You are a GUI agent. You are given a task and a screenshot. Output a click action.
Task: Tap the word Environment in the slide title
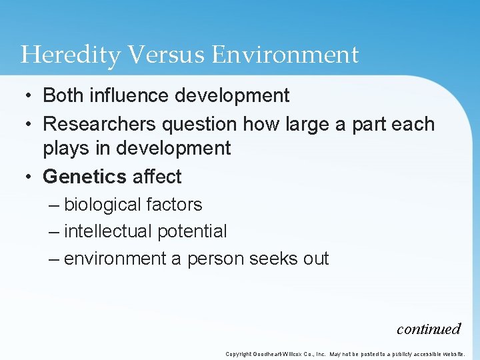coord(285,55)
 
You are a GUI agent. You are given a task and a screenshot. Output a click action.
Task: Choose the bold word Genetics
coord(85,177)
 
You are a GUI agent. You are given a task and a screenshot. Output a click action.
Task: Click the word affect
coord(157,177)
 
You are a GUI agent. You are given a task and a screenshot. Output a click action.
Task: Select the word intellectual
coord(109,231)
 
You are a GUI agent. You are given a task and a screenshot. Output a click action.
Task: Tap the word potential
coord(192,231)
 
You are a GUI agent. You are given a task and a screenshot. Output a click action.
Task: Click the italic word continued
coord(429,329)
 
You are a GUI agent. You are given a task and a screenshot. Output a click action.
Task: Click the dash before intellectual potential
coord(55,232)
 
